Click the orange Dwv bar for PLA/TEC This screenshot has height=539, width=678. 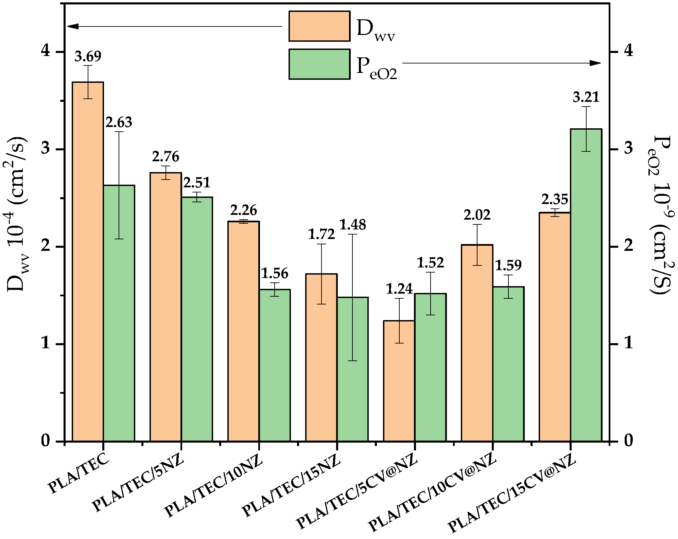coord(88,261)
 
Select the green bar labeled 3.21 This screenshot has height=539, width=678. coord(586,285)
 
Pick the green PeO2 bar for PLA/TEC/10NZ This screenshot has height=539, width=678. coord(275,365)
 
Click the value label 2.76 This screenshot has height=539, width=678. coord(166,157)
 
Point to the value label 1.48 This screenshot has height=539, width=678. coord(353,225)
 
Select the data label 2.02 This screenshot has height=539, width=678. coord(477,215)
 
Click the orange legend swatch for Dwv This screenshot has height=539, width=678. coord(319,26)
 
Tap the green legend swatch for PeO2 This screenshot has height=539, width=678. coord(319,64)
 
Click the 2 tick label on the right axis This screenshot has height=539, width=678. coord(628,246)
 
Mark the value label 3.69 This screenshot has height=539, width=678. coord(88,56)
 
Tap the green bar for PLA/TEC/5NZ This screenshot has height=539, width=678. coord(197,319)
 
